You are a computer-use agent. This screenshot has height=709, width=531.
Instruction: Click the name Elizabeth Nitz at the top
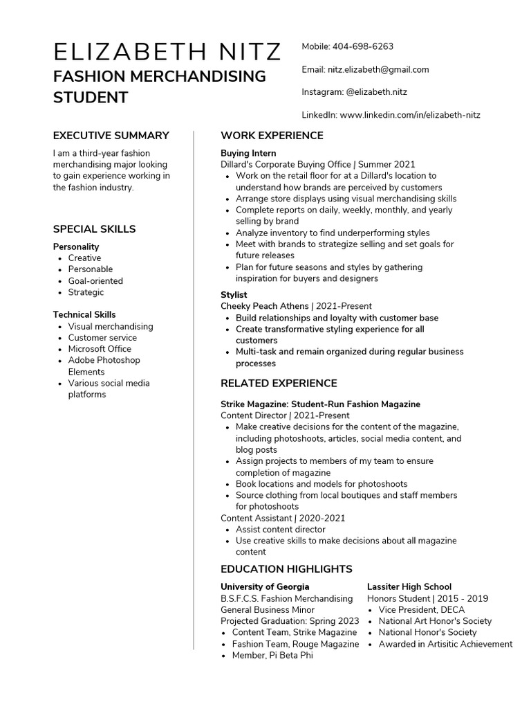167,52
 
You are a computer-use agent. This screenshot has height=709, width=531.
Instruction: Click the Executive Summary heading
111,136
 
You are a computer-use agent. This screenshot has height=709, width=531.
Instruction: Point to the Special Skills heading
94,229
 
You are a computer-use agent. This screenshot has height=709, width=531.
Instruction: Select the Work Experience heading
272,136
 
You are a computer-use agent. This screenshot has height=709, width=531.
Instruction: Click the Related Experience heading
279,384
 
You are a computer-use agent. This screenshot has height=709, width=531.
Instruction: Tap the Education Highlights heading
286,569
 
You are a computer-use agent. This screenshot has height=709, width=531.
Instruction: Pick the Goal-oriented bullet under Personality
95,281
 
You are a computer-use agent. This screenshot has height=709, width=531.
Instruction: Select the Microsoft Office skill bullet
100,349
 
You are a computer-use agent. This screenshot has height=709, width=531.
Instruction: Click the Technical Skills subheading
84,314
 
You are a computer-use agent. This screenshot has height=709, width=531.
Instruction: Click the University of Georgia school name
265,586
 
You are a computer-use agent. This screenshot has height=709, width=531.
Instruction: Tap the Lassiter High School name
409,586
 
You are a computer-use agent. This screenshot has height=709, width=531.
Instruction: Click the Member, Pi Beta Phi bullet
272,655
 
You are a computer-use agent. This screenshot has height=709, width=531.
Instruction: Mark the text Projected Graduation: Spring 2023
290,621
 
